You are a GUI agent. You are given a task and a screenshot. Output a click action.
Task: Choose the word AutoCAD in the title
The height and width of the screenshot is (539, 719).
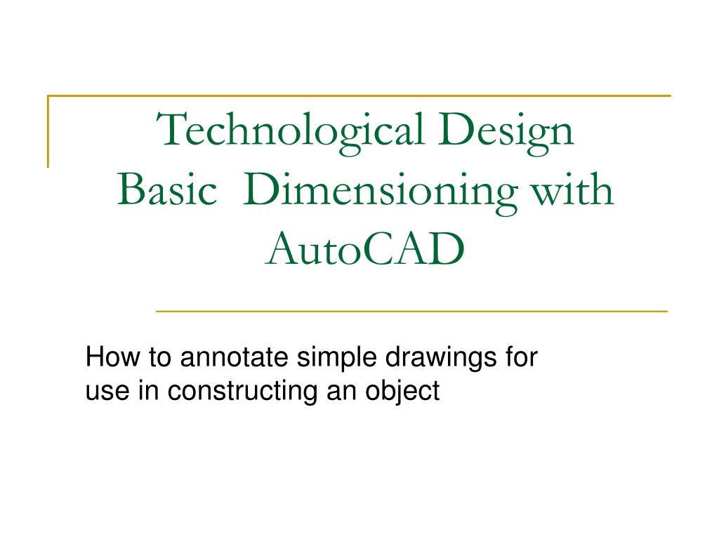[365, 248]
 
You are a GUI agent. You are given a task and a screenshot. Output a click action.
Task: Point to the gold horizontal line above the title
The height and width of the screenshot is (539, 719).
[358, 95]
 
